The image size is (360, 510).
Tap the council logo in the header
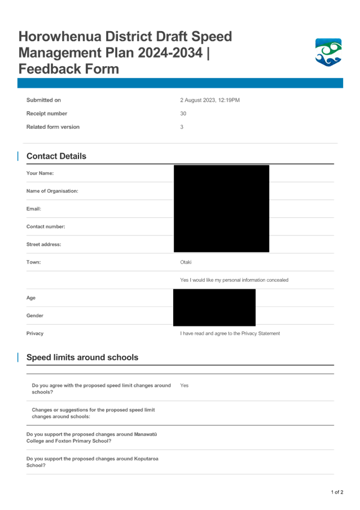328,53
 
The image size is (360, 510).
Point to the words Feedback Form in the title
69,69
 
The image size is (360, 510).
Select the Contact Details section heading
56,156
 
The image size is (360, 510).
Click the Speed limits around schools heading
82,358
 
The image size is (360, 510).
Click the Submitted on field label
43,100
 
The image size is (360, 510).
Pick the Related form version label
52,127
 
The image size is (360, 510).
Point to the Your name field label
40,173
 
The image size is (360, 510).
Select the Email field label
34,209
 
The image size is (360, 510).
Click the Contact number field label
46,226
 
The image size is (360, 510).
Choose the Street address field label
43,245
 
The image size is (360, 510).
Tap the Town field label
33,262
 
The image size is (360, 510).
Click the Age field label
31,298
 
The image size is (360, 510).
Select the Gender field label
35,316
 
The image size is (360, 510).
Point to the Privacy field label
36,333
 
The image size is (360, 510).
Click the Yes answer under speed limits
184,385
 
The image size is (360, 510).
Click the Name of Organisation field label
52,191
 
